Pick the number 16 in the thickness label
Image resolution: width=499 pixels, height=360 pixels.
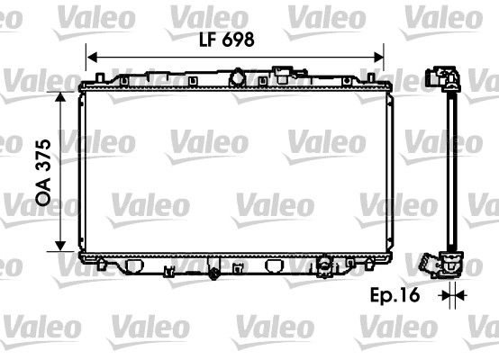coord(413,293)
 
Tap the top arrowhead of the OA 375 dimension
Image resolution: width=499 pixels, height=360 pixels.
coord(60,94)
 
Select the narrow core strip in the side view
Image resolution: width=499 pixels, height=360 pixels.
coord(449,171)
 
